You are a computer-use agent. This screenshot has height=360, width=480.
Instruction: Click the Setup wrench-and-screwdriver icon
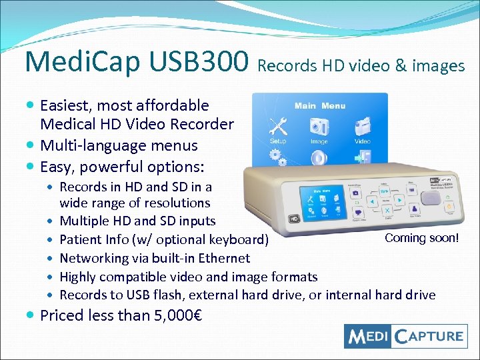(x=277, y=126)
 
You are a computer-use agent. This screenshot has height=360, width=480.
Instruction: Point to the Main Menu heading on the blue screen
(x=320, y=105)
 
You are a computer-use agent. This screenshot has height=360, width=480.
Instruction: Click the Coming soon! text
(x=421, y=238)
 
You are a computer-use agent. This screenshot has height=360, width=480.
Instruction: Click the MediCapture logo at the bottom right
(x=405, y=335)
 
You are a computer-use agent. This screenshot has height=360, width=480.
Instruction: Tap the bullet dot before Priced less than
(x=31, y=315)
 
